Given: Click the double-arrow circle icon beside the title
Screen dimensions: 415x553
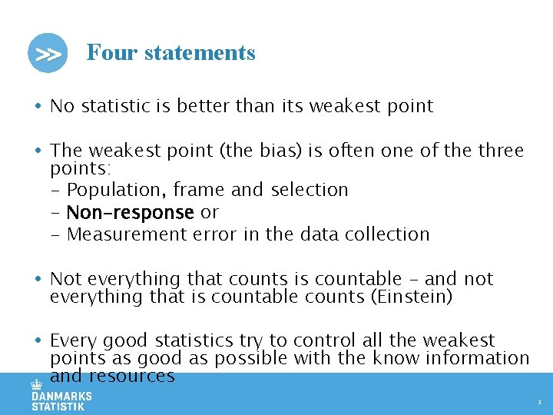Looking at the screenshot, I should click(x=48, y=53).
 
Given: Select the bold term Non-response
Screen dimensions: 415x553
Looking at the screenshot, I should click(x=130, y=212).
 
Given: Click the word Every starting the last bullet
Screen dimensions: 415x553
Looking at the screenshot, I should click(x=72, y=340).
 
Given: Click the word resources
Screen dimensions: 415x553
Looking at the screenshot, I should click(x=131, y=376).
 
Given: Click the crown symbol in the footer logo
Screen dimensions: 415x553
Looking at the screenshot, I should click(x=36, y=384).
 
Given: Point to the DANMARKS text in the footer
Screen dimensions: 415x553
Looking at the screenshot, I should click(x=61, y=397).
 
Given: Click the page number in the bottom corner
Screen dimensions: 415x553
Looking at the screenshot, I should click(x=539, y=402).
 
